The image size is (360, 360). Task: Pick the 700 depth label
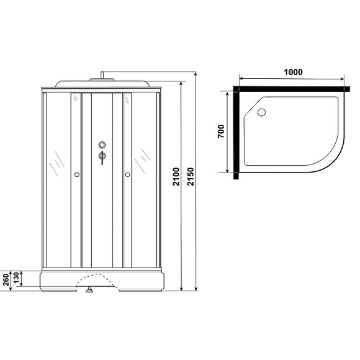click(x=222, y=132)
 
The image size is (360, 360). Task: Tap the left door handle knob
click(x=76, y=175)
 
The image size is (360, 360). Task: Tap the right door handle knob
click(x=128, y=175)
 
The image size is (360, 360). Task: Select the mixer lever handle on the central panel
click(x=102, y=158)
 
